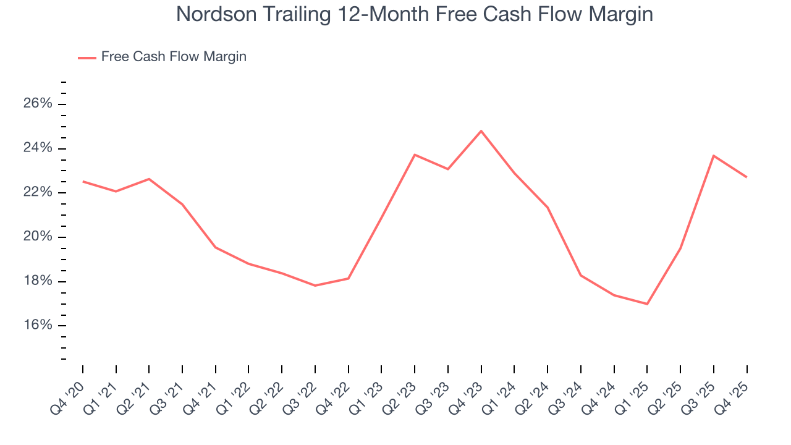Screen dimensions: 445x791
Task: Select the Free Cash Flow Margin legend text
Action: (174, 57)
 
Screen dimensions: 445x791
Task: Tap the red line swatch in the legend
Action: (87, 57)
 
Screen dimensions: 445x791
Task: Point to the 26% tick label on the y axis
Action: (38, 104)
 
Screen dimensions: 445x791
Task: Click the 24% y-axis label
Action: (38, 148)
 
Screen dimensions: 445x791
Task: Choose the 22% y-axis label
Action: (38, 193)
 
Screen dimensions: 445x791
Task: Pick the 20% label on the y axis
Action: (38, 237)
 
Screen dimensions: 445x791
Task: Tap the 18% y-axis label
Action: (38, 282)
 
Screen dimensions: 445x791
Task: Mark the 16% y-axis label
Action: (38, 326)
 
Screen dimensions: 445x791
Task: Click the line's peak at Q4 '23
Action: (481, 131)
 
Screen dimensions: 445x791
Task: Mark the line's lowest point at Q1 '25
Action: (647, 304)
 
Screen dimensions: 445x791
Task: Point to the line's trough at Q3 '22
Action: (315, 286)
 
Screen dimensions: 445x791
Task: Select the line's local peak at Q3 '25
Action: (713, 156)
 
